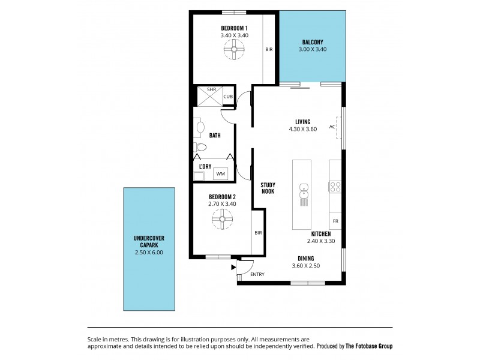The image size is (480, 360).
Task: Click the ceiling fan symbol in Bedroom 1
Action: point(234,49)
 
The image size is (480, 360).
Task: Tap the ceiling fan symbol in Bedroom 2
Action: point(222,219)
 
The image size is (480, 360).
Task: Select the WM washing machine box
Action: point(220,173)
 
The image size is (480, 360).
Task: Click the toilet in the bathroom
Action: point(200,147)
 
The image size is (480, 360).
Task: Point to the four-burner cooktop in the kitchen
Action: point(335,187)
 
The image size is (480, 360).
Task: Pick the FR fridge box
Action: point(335,221)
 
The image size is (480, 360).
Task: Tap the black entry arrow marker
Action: point(233,267)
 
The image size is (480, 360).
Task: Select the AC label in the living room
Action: point(332,127)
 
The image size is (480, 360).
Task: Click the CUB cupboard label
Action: point(228,97)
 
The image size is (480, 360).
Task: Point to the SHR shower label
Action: point(212,89)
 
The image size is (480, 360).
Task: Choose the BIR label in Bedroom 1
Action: point(269,49)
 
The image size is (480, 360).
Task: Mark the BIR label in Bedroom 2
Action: point(258,233)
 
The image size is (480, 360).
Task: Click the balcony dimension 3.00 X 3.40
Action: point(313,49)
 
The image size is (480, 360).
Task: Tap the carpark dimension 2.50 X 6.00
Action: point(149,252)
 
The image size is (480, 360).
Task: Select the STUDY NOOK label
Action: point(268,188)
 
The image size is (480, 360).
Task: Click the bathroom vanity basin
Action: point(200,127)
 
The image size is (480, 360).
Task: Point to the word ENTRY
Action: point(257,274)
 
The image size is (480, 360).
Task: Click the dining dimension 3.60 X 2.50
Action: point(306,266)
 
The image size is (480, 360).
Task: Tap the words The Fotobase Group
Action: point(369,346)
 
